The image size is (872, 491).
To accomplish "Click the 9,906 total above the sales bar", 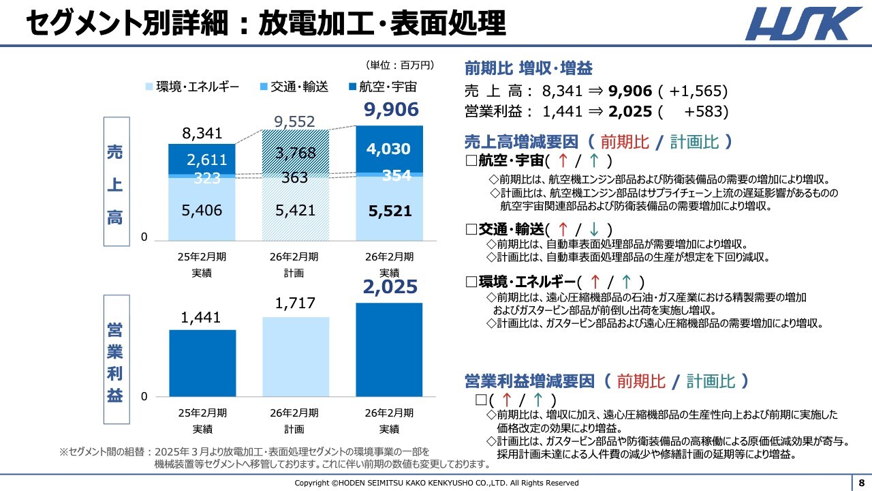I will click(390, 110).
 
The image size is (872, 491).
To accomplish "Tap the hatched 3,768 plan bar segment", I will click(295, 152).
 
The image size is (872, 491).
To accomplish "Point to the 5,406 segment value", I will click(202, 211).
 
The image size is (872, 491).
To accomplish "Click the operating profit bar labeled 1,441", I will click(202, 363).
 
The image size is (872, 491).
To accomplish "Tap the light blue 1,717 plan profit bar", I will click(295, 357).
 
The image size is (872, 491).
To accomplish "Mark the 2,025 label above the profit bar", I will click(390, 287).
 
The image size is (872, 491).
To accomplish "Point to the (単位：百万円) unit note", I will click(400, 65).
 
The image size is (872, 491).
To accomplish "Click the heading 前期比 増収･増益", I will click(528, 68).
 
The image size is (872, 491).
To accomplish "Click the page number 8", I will click(861, 482).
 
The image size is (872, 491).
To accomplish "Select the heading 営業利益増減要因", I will click(529, 381).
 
